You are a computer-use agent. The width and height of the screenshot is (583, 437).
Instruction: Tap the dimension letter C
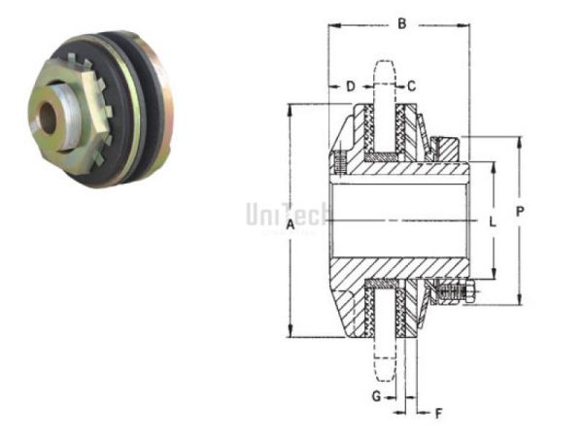412,86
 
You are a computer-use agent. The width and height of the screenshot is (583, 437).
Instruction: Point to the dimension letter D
350,86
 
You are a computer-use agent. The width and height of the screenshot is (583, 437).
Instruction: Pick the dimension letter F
438,414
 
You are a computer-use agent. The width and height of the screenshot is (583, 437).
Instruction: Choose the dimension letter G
376,396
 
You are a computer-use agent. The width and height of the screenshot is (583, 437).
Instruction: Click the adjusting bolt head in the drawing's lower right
468,292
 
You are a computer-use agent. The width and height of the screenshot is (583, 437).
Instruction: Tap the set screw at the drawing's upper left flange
339,161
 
